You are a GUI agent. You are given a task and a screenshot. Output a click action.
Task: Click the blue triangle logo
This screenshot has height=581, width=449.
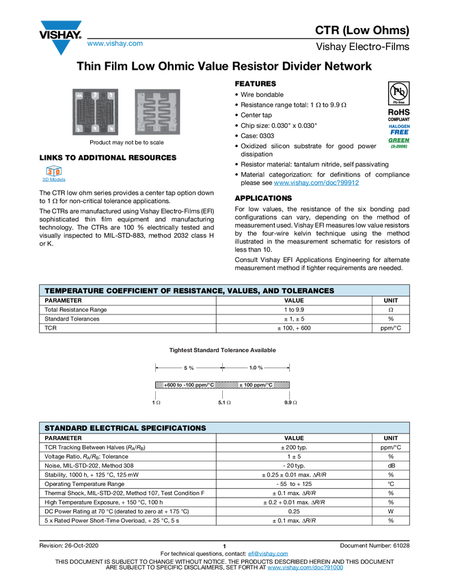62,48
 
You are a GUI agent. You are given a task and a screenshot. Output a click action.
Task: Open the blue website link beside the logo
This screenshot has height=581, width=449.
115,44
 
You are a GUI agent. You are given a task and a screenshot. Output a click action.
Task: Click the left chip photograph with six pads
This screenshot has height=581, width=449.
95,112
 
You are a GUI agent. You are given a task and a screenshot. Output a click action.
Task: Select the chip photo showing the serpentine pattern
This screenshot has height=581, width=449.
158,112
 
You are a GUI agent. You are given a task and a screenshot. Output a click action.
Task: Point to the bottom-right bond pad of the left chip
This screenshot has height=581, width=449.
111,129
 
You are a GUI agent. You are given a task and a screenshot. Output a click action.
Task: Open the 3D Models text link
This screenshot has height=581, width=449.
53,183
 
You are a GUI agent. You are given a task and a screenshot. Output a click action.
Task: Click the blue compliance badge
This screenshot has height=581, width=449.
399,128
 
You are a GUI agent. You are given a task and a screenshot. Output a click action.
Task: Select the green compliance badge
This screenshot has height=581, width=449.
399,142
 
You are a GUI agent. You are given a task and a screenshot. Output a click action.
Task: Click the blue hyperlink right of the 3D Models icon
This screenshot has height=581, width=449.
317,183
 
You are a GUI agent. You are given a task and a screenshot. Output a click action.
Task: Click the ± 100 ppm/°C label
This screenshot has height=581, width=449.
256,385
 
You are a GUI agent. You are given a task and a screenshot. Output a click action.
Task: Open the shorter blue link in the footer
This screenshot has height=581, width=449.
269,554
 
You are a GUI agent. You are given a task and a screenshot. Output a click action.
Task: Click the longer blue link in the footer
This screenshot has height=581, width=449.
305,568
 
